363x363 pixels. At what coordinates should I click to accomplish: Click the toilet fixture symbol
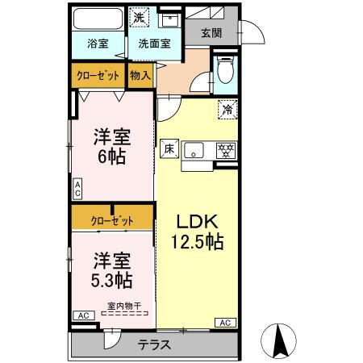pos(226,69)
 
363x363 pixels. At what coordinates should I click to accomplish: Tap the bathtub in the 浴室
pos(98,19)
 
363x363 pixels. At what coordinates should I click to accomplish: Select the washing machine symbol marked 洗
pos(139,17)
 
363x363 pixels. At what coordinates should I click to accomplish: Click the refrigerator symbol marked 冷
pos(227,110)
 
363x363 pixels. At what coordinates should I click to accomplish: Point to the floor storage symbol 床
pos(169,148)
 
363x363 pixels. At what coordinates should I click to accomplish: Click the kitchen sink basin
pos(194,150)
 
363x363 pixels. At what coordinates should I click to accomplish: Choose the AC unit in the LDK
pos(225,323)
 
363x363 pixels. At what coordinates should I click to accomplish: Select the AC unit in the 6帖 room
pos(77,189)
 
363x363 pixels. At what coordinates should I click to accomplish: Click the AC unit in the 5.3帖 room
pos(84,315)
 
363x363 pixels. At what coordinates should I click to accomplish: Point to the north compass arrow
pos(278,340)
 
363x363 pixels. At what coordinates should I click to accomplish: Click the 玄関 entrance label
pos(211,33)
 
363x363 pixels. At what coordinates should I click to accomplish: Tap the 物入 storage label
pos(140,76)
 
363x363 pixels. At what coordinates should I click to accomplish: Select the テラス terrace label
pos(154,344)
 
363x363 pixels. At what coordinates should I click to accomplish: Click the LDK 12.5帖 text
pos(198,232)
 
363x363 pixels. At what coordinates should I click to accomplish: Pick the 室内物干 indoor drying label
pos(124,306)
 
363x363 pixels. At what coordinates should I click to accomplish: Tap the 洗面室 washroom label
pos(155,44)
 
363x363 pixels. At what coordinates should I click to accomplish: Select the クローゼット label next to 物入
pos(98,76)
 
